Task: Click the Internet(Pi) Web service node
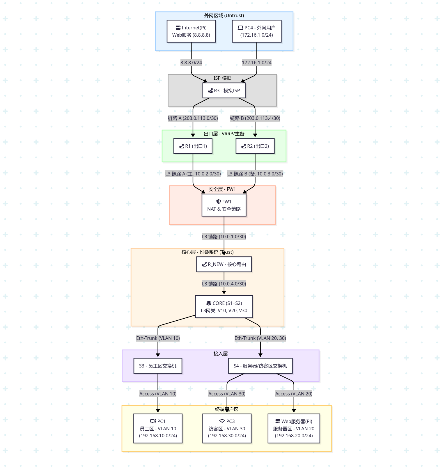191,31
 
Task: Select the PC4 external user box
257,31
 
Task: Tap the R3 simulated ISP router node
224,90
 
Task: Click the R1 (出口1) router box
193,146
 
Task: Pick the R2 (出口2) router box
255,146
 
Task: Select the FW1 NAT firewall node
224,205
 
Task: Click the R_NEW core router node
224,264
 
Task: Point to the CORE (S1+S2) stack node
224,307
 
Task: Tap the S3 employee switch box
158,366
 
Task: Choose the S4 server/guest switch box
260,366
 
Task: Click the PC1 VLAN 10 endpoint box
158,428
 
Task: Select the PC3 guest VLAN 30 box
227,428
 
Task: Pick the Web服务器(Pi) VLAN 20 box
294,428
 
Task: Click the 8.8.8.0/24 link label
191,63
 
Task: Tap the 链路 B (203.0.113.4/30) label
255,118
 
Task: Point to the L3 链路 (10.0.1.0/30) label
224,237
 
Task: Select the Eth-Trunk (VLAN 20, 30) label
260,338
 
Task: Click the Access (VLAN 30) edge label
227,394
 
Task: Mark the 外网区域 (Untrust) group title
224,15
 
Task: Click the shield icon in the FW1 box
219,201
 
